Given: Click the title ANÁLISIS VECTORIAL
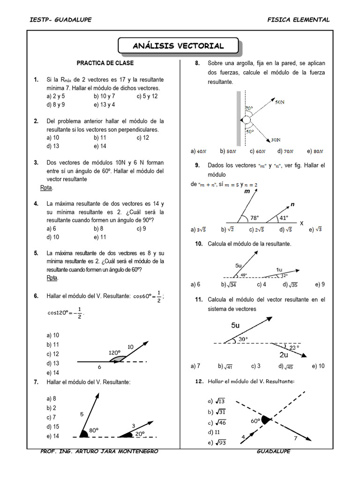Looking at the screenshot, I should pyautogui.click(x=178, y=45).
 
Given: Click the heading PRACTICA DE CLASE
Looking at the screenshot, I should pyautogui.click(x=105, y=63).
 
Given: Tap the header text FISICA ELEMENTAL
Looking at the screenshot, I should pyautogui.click(x=298, y=20).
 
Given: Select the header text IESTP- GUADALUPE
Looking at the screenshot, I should pyautogui.click(x=60, y=20).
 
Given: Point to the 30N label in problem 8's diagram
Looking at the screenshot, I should pyautogui.click(x=276, y=139).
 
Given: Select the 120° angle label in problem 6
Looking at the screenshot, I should pyautogui.click(x=114, y=352).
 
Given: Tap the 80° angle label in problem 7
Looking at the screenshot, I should pyautogui.click(x=95, y=430).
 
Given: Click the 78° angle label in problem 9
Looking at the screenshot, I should pyautogui.click(x=254, y=217).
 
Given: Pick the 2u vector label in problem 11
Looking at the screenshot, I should pyautogui.click(x=284, y=354).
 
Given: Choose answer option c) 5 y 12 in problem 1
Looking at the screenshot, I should pyautogui.click(x=147, y=96).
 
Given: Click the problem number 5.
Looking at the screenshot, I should pyautogui.click(x=36, y=253).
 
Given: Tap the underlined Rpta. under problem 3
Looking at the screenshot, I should pyautogui.click(x=47, y=188).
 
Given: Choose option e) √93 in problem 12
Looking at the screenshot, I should pyautogui.click(x=216, y=442).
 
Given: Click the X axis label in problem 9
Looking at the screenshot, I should pyautogui.click(x=301, y=223).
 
